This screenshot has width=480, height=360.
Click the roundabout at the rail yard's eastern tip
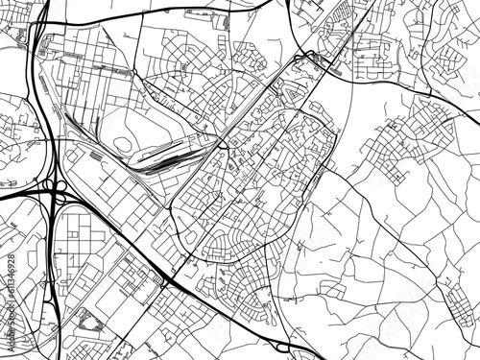tap(221, 144)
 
